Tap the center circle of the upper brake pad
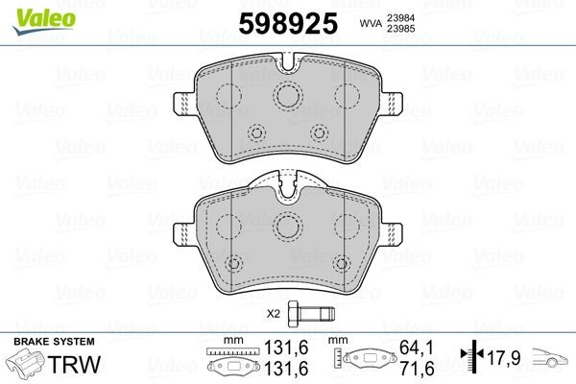pyautogui.click(x=287, y=94)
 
